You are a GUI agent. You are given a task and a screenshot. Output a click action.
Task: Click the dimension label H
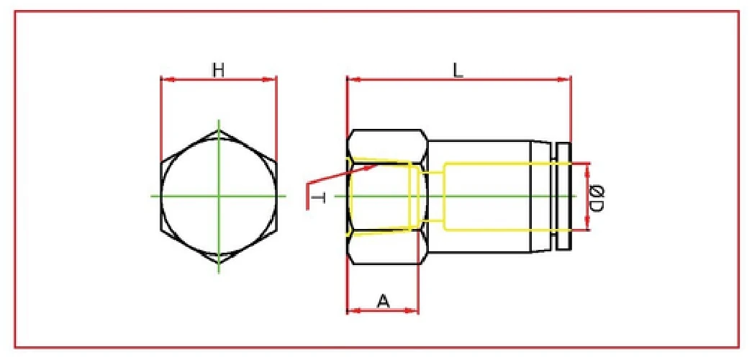coord(218,69)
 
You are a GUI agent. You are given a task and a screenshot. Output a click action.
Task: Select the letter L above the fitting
coord(458,69)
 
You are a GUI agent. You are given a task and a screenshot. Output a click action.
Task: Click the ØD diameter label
coord(597,197)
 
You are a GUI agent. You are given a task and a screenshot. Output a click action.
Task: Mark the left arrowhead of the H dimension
coord(165,79)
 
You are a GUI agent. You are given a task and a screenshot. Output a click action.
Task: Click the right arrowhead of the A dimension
coord(414,311)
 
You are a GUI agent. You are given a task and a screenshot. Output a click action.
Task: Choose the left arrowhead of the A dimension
coord(351,311)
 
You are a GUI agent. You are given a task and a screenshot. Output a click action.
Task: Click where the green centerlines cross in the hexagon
coord(218,195)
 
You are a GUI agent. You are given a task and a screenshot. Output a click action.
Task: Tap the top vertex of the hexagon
coord(218,130)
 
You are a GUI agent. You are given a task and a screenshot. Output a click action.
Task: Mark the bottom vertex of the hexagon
coord(218,261)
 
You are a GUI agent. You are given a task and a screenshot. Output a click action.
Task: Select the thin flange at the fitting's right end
coord(564,197)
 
